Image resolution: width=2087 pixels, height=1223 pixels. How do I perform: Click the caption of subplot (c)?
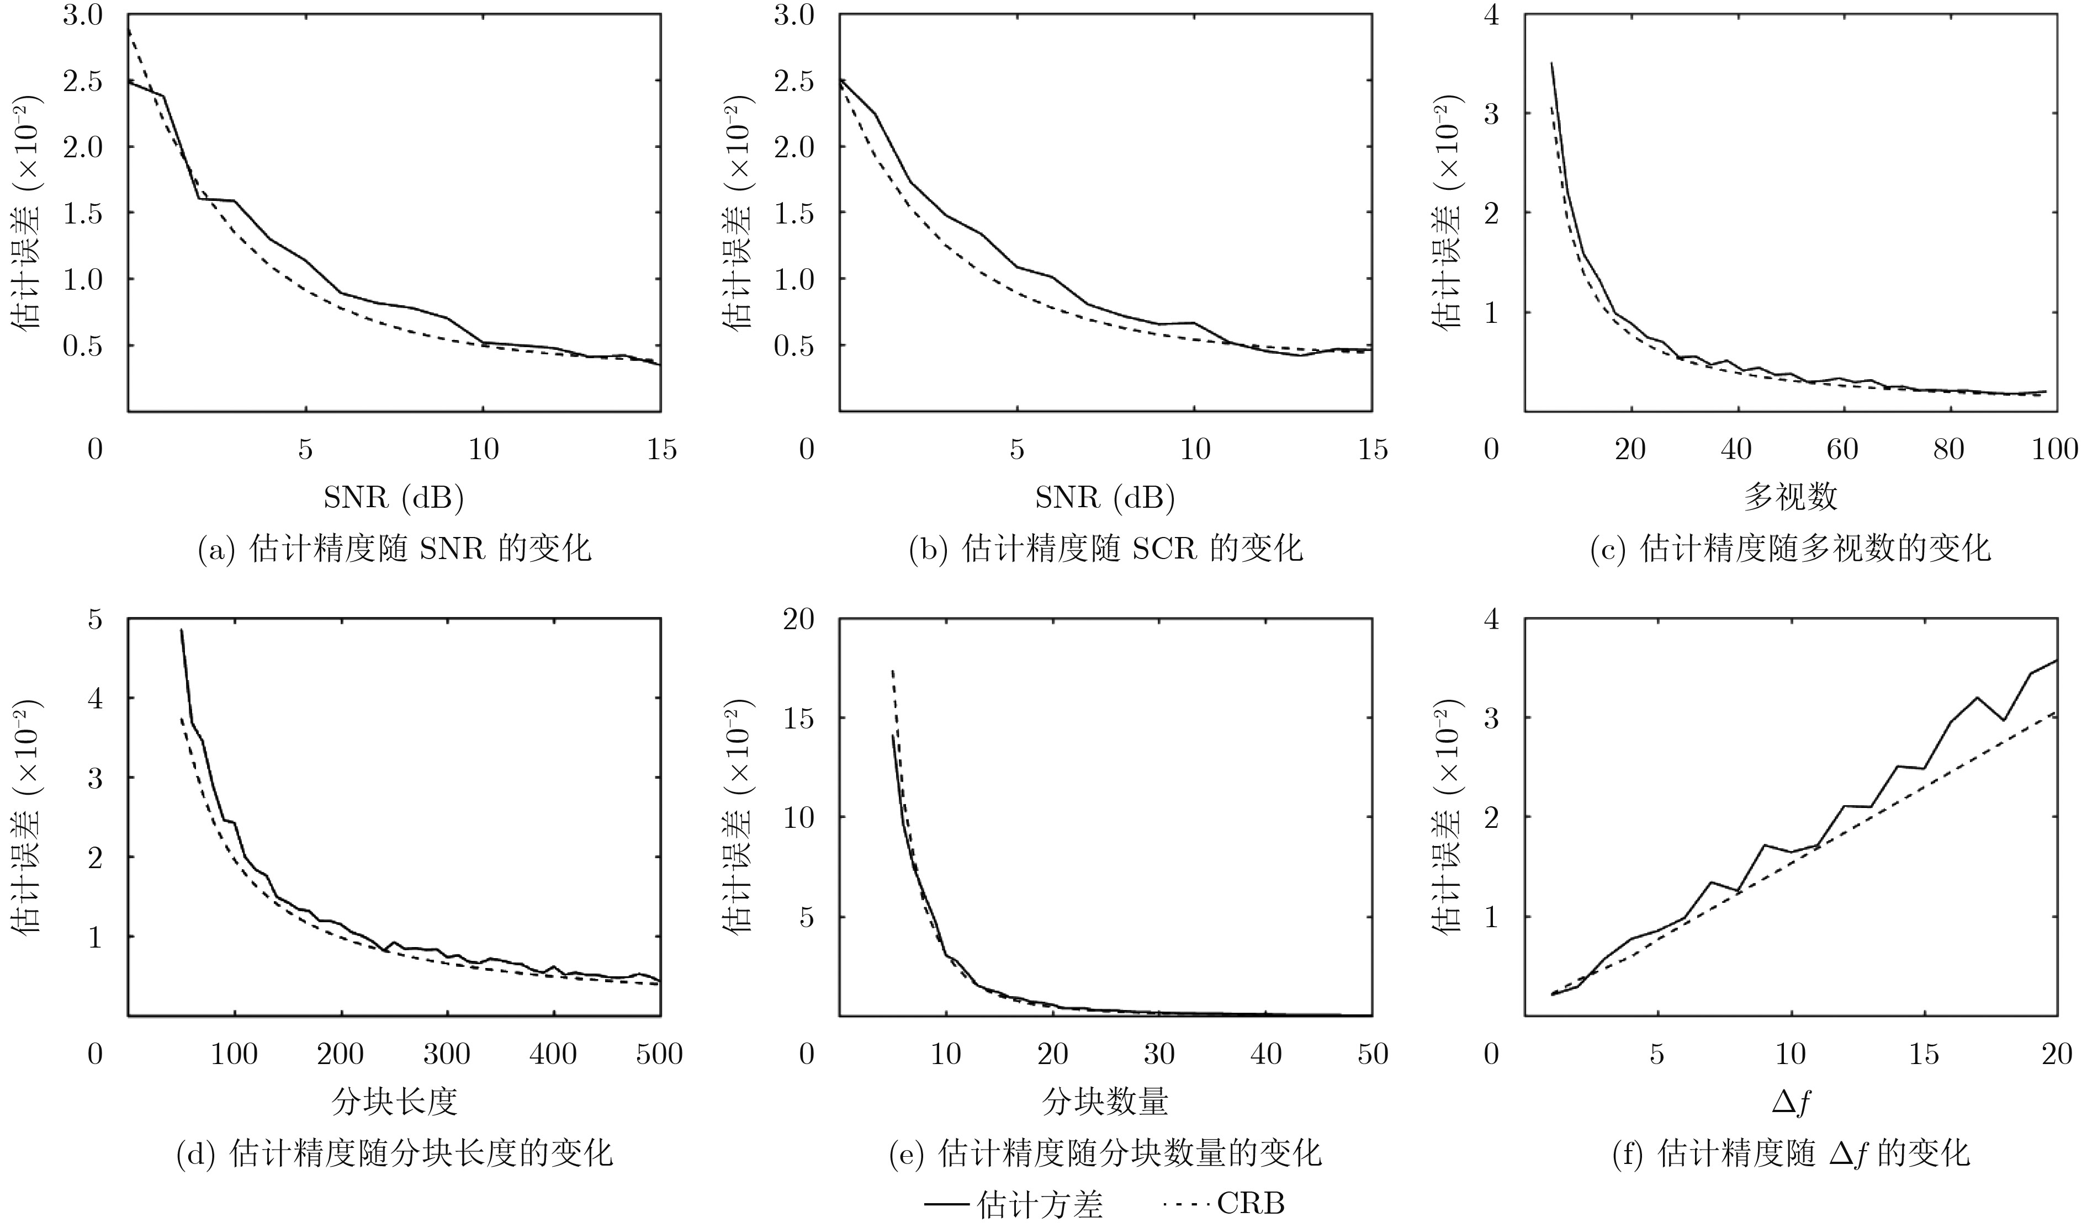(x=1791, y=548)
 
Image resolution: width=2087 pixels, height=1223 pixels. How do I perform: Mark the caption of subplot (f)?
(x=1791, y=1152)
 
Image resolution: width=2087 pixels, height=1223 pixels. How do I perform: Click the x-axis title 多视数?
(x=1791, y=497)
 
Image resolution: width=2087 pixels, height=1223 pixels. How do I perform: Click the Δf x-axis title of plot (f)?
(x=1791, y=1101)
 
